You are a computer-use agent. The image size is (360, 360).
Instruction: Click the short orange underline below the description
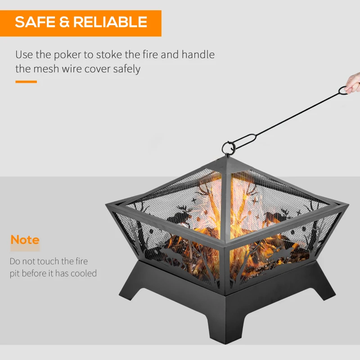coord(26,81)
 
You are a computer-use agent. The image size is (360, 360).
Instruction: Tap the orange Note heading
coord(25,240)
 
